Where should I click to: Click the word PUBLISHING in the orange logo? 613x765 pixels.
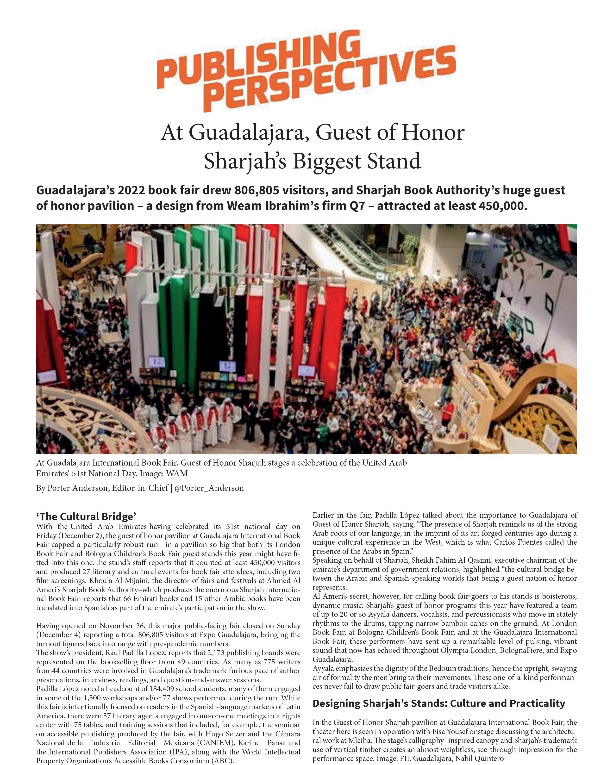coord(256,59)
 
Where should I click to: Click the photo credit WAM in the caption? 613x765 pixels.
coord(176,473)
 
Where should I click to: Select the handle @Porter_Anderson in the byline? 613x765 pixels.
coord(209,488)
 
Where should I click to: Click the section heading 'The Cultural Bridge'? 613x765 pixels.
coord(86,516)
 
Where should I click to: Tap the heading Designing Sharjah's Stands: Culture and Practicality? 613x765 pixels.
coord(438,703)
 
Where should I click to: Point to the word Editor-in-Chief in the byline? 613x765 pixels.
coord(140,488)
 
